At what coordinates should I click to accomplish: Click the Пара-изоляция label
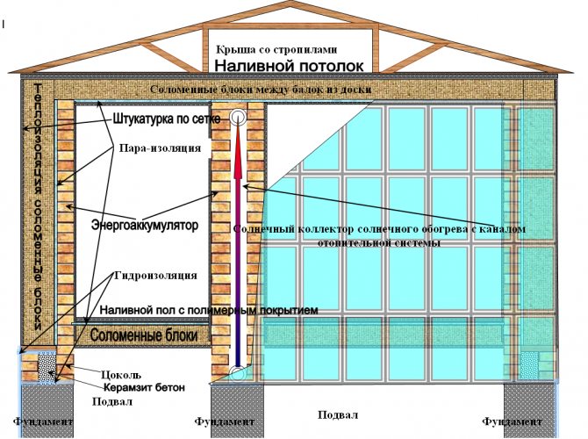[x=159, y=148]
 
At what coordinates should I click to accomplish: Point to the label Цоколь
[x=121, y=373]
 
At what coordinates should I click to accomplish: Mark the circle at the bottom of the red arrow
[x=238, y=375]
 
